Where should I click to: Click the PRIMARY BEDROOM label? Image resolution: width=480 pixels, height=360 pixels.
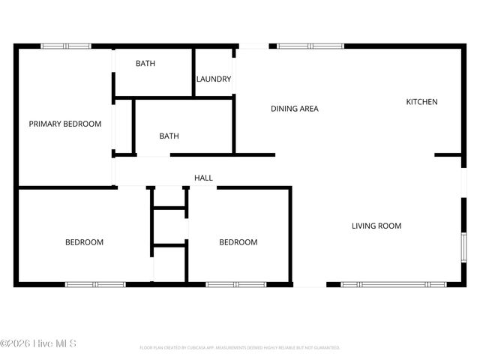click(x=64, y=124)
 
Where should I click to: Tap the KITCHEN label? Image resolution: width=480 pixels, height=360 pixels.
click(x=421, y=102)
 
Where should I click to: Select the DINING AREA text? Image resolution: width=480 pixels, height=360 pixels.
click(x=294, y=109)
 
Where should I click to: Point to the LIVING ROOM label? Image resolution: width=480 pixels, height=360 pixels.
click(x=376, y=226)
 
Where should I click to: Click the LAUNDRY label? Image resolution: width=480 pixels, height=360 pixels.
click(x=214, y=79)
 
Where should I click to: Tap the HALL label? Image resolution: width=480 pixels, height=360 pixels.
click(x=203, y=178)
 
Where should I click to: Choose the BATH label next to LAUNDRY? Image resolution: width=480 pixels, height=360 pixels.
click(x=145, y=64)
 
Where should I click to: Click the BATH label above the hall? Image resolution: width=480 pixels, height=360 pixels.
click(x=169, y=136)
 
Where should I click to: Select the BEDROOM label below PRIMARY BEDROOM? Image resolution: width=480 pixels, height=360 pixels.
click(x=84, y=242)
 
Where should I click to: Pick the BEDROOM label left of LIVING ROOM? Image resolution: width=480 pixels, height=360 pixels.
click(x=238, y=242)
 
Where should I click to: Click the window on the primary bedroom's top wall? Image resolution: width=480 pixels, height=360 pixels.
click(x=66, y=46)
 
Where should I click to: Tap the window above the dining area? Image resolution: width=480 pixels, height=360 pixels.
click(x=310, y=46)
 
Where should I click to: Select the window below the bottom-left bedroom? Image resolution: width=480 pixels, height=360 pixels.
click(x=95, y=284)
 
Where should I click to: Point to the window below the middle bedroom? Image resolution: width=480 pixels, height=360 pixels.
click(x=235, y=284)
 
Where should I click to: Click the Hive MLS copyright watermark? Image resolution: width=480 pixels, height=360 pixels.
click(x=38, y=343)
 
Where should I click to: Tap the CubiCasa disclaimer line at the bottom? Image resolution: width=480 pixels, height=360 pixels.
click(x=240, y=348)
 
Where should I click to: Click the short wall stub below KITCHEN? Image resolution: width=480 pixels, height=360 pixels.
click(x=448, y=155)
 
